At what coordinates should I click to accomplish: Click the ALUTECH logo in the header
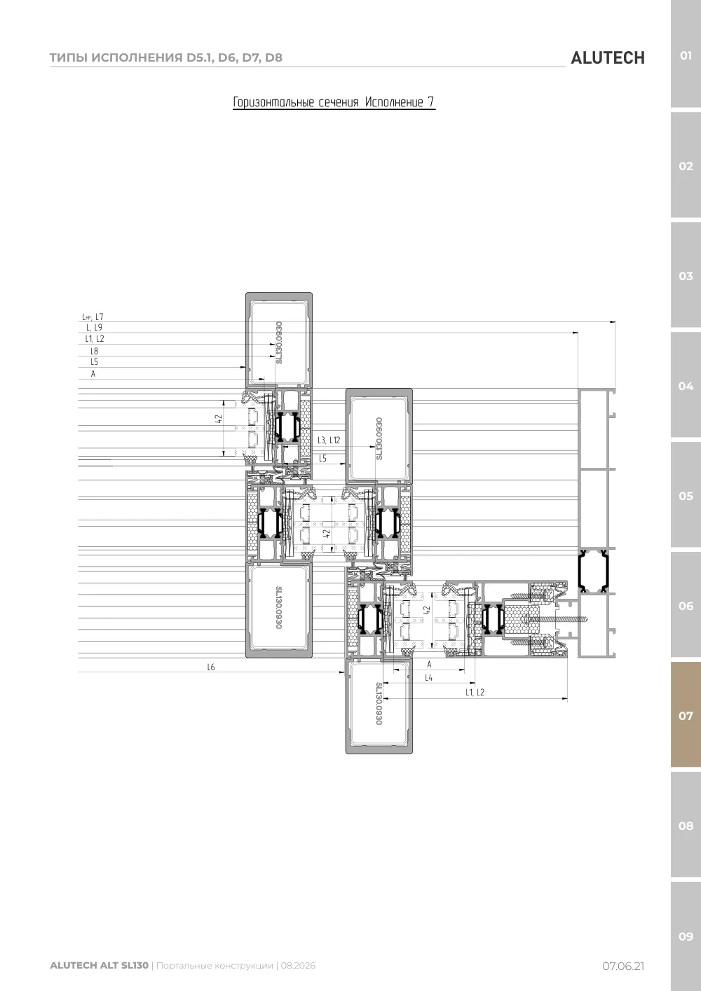pyautogui.click(x=608, y=58)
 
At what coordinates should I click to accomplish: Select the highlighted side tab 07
pyautogui.click(x=686, y=715)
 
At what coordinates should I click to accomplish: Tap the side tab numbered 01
pyautogui.click(x=686, y=55)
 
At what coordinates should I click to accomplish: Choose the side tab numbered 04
pyautogui.click(x=686, y=386)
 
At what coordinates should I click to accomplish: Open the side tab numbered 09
pyautogui.click(x=686, y=936)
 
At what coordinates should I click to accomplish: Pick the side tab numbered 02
pyautogui.click(x=686, y=166)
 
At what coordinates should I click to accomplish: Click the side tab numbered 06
pyautogui.click(x=686, y=606)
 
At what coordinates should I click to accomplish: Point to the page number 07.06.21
pyautogui.click(x=623, y=966)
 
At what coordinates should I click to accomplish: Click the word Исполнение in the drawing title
pyautogui.click(x=394, y=102)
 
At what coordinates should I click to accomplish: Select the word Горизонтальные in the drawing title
pyautogui.click(x=273, y=102)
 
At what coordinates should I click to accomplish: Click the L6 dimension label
pyautogui.click(x=211, y=667)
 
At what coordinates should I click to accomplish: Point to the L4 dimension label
pyautogui.click(x=428, y=677)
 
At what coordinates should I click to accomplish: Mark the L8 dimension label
pyautogui.click(x=95, y=351)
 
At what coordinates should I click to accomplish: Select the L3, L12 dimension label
pyautogui.click(x=329, y=440)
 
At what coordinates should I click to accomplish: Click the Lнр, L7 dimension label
pyautogui.click(x=93, y=317)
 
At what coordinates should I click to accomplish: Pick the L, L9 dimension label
pyautogui.click(x=94, y=327)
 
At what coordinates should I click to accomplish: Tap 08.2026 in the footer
pyautogui.click(x=298, y=965)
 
